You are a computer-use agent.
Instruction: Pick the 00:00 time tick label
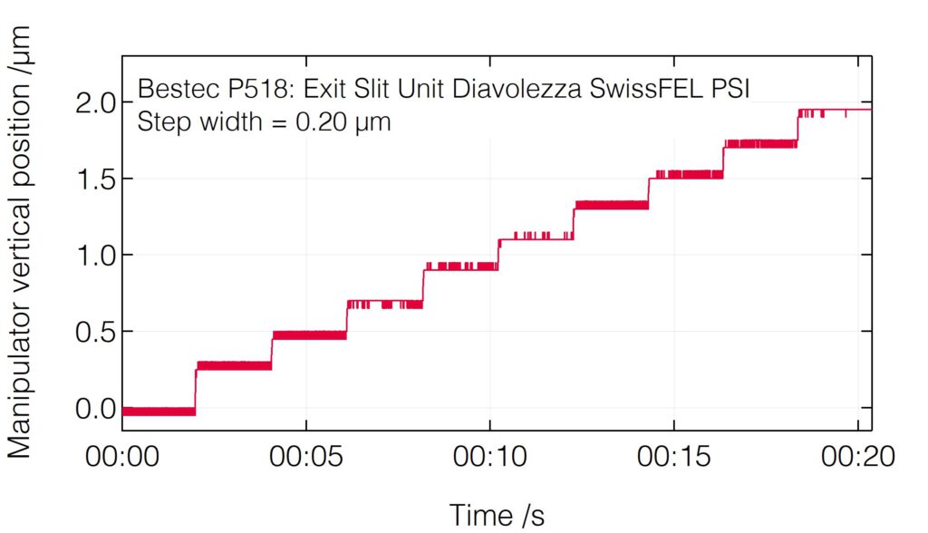click(x=122, y=456)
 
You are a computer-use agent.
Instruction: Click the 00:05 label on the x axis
click(x=306, y=456)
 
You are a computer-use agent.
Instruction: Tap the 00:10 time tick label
click(x=490, y=456)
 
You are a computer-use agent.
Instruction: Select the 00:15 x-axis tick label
click(x=674, y=456)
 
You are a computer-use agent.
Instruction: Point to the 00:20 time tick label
click(x=857, y=456)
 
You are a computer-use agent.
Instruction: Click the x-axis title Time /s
click(x=498, y=514)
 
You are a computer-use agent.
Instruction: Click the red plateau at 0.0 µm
click(x=159, y=412)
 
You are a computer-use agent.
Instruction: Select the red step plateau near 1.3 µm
click(x=612, y=205)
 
